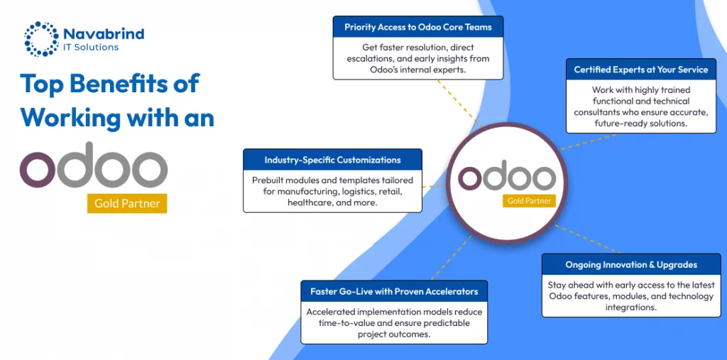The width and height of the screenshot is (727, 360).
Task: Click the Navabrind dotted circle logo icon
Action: coord(41,38)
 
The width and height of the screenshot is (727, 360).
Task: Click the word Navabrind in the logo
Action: coord(104,34)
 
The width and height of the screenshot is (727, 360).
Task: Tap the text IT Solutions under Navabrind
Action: coord(91,47)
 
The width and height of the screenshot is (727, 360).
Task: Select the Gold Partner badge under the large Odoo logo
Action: coord(127,203)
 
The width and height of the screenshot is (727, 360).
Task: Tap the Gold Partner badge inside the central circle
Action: coord(529,201)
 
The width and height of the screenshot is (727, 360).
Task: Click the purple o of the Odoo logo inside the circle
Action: coord(470,178)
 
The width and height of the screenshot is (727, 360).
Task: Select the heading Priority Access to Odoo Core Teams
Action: coord(417,28)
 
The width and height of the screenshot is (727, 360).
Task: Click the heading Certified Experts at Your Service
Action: coord(641,70)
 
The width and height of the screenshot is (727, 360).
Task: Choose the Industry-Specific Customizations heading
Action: coord(332,160)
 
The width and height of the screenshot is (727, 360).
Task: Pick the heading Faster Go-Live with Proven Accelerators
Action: coord(394,292)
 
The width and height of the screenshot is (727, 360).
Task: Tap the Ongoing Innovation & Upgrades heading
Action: coord(631,265)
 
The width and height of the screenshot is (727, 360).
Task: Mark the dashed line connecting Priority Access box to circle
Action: coord(459,103)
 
